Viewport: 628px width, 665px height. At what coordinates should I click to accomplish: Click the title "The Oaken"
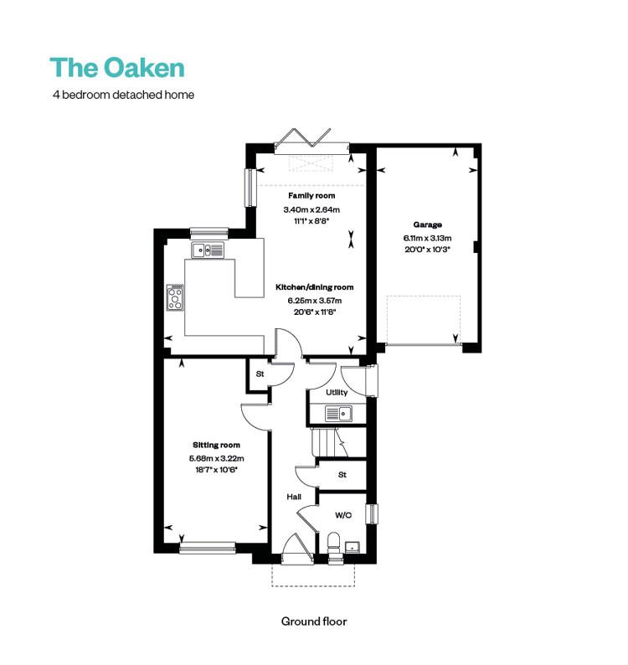[x=117, y=68]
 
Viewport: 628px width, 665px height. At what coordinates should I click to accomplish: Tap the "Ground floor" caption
[x=314, y=621]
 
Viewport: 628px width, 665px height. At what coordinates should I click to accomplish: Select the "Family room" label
[x=311, y=195]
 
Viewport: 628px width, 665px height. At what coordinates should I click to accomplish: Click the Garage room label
[x=427, y=224]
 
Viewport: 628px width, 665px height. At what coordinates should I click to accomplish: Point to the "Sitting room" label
[x=216, y=445]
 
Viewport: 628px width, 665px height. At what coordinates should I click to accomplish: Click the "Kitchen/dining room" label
[x=315, y=287]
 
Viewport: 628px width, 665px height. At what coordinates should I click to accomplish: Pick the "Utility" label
[x=337, y=392]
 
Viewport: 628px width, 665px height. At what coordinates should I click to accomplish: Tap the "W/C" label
[x=343, y=515]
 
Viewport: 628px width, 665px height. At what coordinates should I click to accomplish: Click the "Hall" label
[x=294, y=497]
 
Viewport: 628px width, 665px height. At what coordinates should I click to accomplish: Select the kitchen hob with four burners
[x=175, y=297]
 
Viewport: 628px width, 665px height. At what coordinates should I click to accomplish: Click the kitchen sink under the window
[x=208, y=250]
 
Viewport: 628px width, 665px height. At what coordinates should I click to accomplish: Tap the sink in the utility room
[x=338, y=414]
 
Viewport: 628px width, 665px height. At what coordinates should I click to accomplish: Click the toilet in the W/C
[x=334, y=546]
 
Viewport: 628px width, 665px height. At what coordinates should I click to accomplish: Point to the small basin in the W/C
[x=353, y=548]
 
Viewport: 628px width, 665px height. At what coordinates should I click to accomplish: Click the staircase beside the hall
[x=339, y=442]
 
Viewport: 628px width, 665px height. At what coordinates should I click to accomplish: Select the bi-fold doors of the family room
[x=311, y=140]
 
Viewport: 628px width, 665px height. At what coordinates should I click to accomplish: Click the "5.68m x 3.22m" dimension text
[x=216, y=458]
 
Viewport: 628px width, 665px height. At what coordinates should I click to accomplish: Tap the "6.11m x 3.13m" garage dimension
[x=427, y=238]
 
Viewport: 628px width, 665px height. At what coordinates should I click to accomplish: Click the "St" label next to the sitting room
[x=260, y=374]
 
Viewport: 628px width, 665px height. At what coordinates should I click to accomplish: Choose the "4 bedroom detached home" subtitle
[x=123, y=95]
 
